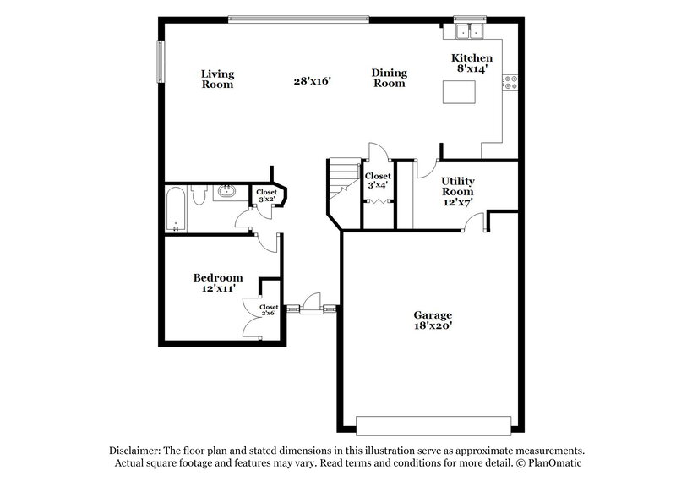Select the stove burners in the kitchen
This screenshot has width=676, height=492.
510,82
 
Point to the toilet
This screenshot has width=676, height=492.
197,195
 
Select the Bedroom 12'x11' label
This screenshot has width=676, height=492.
218,283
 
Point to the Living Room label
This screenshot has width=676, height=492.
217,79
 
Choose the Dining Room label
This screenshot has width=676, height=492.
389,79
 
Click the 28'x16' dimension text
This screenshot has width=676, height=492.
311,81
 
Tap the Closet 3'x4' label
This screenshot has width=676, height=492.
377,181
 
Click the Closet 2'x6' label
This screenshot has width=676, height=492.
269,310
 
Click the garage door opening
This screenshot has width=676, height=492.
433,424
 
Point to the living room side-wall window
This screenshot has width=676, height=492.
158,60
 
